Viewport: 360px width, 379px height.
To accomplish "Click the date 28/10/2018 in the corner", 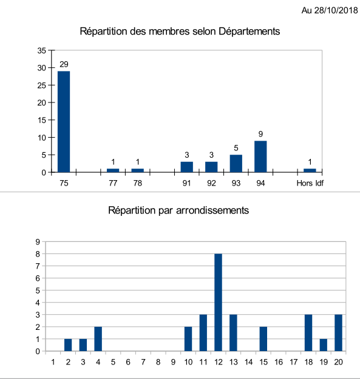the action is (x=336, y=10).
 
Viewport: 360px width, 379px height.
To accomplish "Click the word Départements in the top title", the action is (x=249, y=32).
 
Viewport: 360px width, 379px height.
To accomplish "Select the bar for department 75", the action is (x=64, y=121).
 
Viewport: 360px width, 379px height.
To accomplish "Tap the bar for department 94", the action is (x=260, y=156).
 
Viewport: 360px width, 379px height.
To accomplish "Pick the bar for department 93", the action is (x=236, y=163).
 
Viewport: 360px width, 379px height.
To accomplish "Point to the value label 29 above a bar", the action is (x=64, y=64).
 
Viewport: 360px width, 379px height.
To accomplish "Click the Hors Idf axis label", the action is (x=310, y=183).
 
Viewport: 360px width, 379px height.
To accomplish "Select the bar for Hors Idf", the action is (x=310, y=170).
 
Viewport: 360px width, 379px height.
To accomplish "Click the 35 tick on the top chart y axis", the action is (x=42, y=50).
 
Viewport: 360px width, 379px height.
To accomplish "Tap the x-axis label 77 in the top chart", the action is (x=113, y=183).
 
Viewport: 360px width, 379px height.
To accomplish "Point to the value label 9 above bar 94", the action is (x=260, y=134).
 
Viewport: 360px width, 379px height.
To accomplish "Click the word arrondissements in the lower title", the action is (x=212, y=210).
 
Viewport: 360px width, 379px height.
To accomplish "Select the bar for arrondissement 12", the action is (x=218, y=303).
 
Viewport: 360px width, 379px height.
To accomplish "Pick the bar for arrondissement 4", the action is (x=98, y=339).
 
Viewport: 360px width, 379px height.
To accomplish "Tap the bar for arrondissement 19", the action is (x=324, y=345).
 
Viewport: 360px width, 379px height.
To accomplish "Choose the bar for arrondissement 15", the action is (x=263, y=339).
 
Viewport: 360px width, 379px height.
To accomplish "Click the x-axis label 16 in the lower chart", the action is (x=279, y=362).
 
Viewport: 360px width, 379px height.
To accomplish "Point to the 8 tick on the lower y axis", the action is (x=38, y=254).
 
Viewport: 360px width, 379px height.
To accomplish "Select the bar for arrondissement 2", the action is (x=68, y=345).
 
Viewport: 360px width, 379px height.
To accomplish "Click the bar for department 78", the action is (x=138, y=170).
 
